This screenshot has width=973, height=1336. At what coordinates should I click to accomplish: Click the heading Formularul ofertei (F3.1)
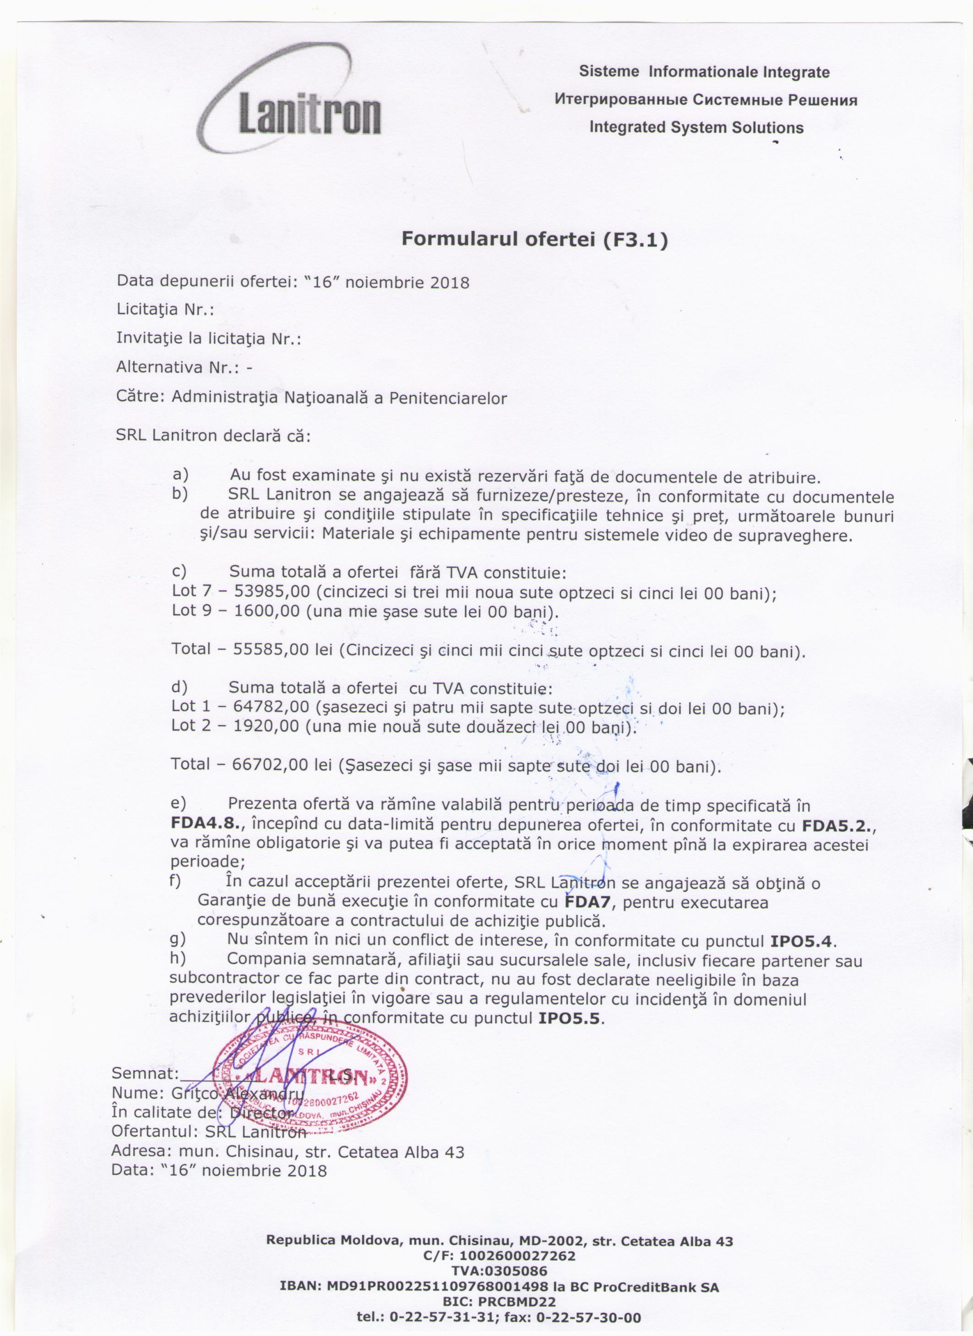(x=534, y=239)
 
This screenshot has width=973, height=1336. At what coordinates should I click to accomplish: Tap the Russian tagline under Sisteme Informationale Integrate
(x=706, y=99)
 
